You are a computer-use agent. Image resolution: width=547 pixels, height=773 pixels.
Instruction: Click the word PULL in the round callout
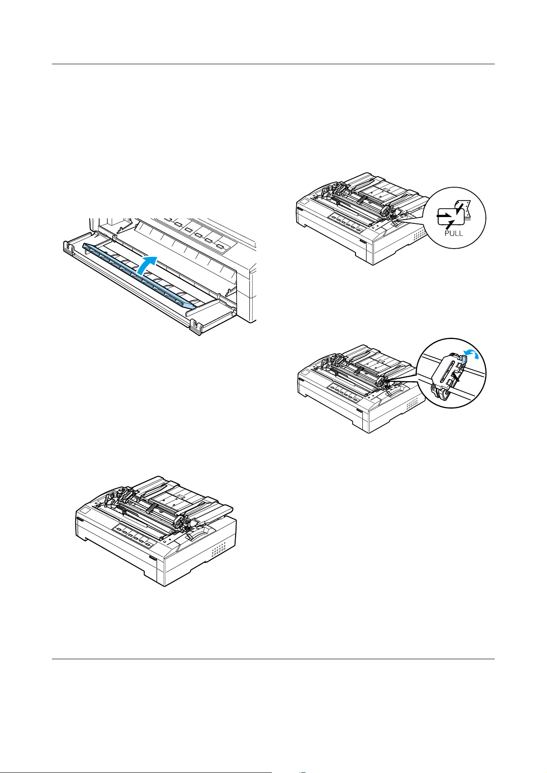[x=454, y=234]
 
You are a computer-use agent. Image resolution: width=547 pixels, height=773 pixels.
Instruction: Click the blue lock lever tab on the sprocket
[x=464, y=361]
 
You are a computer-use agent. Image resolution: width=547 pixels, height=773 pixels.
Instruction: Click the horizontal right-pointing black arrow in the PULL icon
[x=443, y=215]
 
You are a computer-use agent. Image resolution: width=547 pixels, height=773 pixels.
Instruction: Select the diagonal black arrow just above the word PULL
[x=450, y=224]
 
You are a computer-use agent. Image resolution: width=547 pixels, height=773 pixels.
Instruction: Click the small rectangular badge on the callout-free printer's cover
[x=86, y=511]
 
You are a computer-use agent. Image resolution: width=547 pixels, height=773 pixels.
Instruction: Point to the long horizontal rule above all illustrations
[x=273, y=64]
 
